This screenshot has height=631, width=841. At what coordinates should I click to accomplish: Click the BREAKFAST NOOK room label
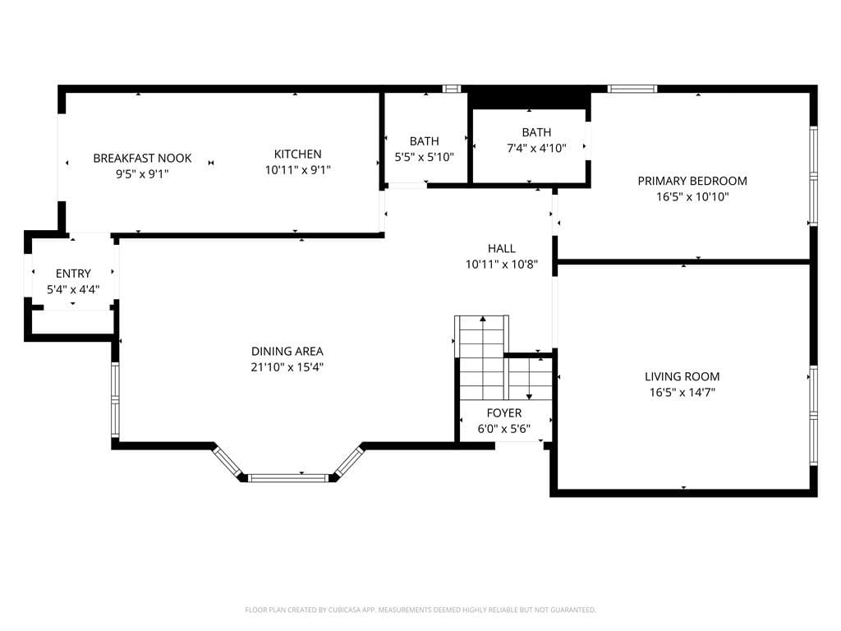tap(142, 158)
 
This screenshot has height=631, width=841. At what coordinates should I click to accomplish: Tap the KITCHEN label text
tap(297, 154)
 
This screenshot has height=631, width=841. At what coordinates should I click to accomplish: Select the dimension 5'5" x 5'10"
tap(424, 156)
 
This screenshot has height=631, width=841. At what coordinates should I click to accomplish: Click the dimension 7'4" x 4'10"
tap(536, 149)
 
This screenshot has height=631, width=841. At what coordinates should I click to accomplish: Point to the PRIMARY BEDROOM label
tap(692, 181)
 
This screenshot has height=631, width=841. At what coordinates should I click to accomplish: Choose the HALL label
tap(501, 249)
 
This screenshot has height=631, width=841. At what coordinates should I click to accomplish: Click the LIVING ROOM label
tap(682, 376)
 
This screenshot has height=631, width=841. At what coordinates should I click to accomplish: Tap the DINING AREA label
tap(287, 352)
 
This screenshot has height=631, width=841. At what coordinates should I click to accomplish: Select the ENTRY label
tap(73, 274)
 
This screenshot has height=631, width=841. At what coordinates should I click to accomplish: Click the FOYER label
tap(503, 413)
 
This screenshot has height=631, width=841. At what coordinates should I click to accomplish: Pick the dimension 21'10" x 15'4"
tap(287, 367)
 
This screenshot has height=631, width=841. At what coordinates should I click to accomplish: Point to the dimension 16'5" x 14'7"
tap(682, 392)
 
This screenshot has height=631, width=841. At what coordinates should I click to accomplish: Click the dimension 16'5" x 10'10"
tap(692, 196)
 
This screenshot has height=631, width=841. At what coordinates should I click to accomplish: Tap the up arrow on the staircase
tap(483, 320)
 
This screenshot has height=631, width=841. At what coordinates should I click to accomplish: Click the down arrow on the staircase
tap(529, 394)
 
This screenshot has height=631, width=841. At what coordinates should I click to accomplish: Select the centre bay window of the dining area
tap(288, 477)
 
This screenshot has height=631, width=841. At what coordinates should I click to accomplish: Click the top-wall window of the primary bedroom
tap(632, 89)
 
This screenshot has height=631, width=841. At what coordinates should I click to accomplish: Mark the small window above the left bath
tap(451, 89)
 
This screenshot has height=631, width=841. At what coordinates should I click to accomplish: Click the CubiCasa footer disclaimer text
tap(420, 610)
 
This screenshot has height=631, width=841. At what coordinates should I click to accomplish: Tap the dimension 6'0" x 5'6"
tap(503, 429)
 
